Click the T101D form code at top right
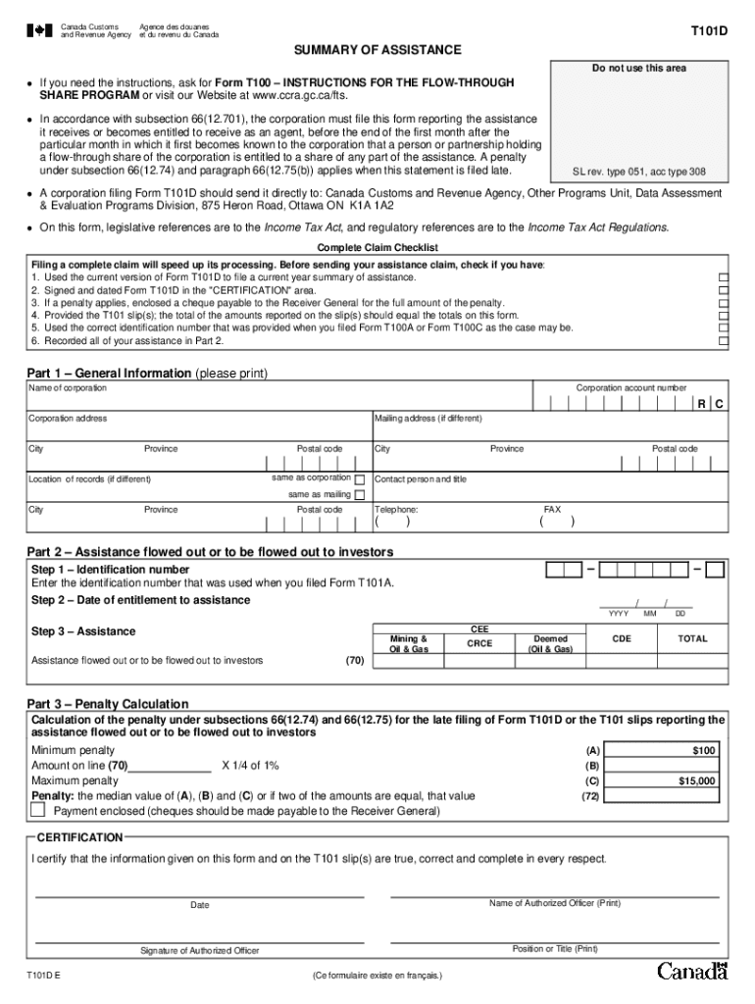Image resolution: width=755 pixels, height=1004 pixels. pos(709,31)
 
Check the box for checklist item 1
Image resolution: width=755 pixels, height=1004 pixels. pos(724,277)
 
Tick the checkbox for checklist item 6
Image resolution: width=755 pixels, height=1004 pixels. pos(724,341)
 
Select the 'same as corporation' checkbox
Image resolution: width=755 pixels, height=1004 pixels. pos(359,479)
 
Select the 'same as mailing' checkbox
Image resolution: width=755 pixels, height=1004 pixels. pos(359,495)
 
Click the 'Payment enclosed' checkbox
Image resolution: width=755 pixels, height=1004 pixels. pos(38,811)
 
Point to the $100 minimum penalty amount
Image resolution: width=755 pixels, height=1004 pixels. pos(704,750)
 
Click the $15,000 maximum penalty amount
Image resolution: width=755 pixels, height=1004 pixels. pos(697,781)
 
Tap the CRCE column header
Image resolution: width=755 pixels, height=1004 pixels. pos(479,644)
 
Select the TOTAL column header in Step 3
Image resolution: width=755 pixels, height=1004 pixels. pos(692,638)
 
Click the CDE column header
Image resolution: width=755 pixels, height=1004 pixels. pos(622,638)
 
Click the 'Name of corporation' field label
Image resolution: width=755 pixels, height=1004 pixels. pos(68,389)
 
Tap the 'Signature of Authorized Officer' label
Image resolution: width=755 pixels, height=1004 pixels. pos(199,951)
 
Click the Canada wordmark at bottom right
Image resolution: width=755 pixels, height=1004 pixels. pos(692,972)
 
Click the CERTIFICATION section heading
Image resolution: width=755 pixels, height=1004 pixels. pos(79,837)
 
